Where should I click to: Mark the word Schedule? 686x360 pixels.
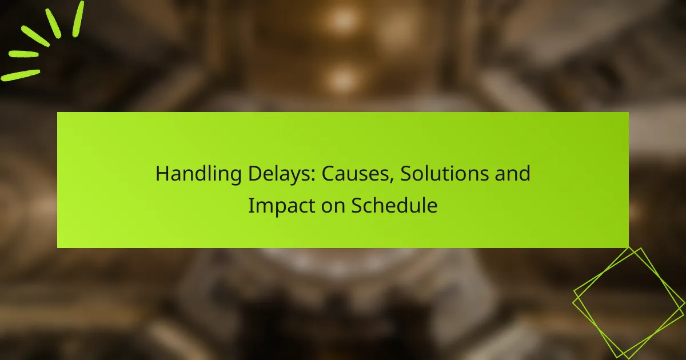(394, 206)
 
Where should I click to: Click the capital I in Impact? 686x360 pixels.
(250, 206)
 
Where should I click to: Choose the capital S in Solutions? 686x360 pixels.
(406, 174)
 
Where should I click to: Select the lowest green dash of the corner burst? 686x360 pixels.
(21, 75)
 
